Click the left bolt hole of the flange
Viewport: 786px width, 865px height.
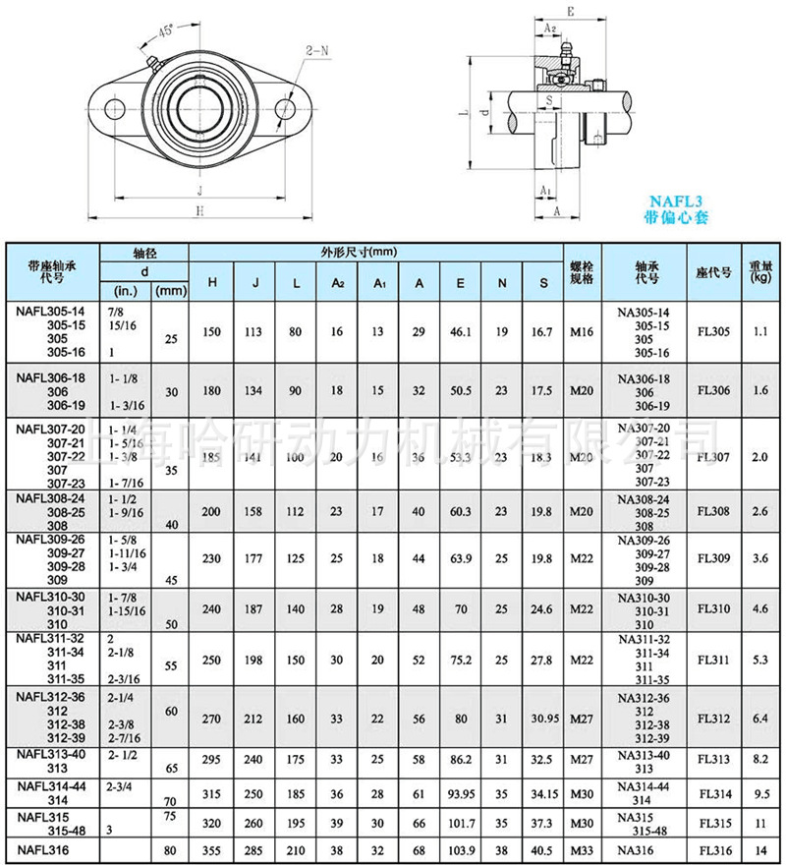click(x=114, y=108)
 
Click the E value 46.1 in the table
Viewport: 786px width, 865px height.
click(x=460, y=331)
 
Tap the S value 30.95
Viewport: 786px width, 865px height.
click(x=543, y=720)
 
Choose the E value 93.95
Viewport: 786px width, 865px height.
click(x=460, y=791)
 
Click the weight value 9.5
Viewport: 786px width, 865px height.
click(x=759, y=791)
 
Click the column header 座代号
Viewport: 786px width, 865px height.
click(x=712, y=272)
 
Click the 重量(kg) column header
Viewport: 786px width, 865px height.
click(x=759, y=271)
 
